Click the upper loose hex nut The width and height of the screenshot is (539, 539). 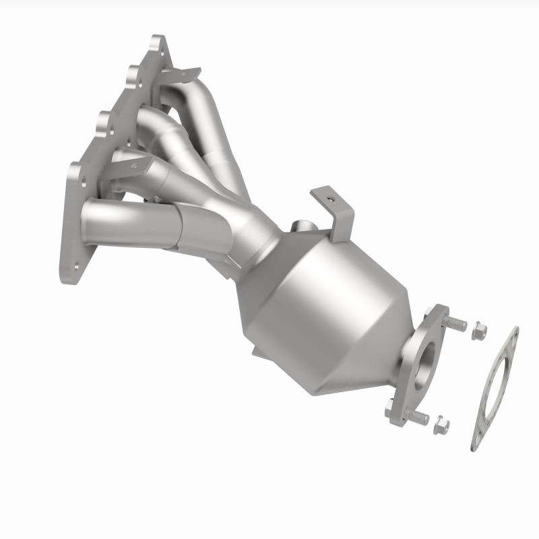pyautogui.click(x=478, y=331)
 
